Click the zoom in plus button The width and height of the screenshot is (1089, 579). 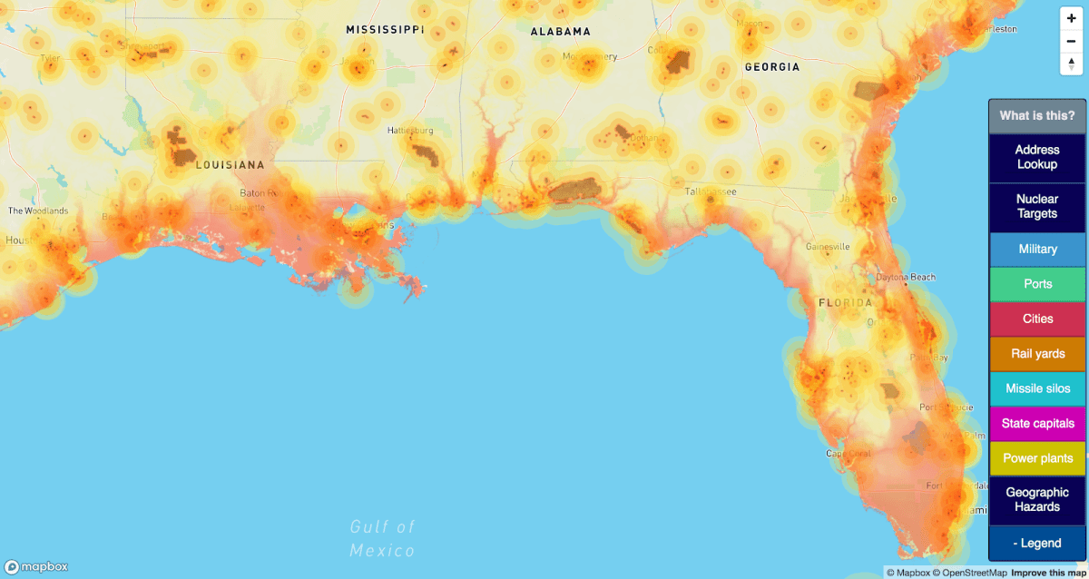[1071, 18]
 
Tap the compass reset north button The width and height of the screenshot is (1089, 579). [1071, 63]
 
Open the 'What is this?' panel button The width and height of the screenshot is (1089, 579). [1036, 115]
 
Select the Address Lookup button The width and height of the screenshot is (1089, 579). [1036, 157]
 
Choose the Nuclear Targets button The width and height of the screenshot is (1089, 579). [1036, 206]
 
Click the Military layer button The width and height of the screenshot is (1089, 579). [1036, 249]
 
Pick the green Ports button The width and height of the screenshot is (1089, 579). [1036, 284]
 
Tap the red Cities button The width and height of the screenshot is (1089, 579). [1036, 319]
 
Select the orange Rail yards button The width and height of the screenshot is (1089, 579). [1036, 354]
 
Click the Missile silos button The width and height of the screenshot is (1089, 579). [1036, 388]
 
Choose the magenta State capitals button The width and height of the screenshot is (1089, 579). [1036, 423]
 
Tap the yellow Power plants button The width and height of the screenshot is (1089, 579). [1036, 458]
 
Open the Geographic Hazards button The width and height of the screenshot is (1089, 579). [1036, 499]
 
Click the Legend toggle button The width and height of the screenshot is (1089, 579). [1036, 543]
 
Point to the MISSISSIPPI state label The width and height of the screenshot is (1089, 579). [385, 30]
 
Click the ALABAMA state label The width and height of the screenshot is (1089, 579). [560, 32]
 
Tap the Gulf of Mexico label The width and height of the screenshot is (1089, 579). [383, 538]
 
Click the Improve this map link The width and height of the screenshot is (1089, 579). [1049, 572]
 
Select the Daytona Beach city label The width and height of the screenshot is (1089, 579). [905, 277]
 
